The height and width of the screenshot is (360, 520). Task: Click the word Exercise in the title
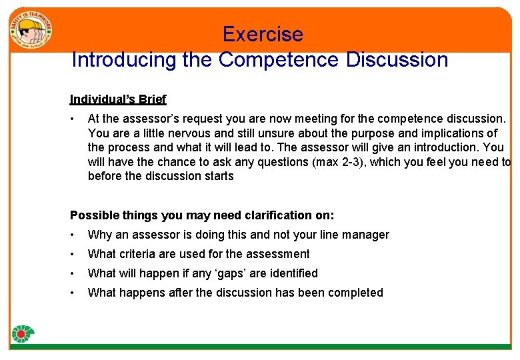pyautogui.click(x=263, y=34)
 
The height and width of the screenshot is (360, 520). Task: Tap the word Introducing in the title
pyautogui.click(x=122, y=60)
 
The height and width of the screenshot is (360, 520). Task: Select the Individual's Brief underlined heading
pyautogui.click(x=118, y=99)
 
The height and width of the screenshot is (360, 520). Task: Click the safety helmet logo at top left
pyautogui.click(x=31, y=31)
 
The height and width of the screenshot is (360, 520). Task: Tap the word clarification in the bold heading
pyautogui.click(x=267, y=215)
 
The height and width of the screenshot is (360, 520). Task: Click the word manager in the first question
pyautogui.click(x=367, y=235)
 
